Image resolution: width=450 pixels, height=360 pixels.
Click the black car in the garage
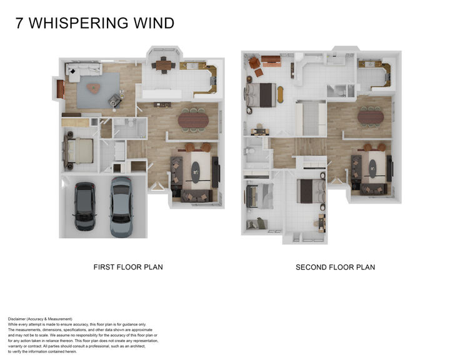click(84, 206)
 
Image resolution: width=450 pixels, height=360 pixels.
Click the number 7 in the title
click(20, 24)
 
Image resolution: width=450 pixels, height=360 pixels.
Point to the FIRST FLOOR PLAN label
click(128, 267)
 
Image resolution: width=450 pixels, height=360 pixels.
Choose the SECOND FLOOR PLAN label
click(335, 267)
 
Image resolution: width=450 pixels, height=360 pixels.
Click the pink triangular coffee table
click(94, 88)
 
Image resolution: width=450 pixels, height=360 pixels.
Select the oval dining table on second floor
click(371, 117)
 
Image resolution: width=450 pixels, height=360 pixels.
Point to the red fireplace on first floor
click(60, 89)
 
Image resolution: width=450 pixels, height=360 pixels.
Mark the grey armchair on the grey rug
click(116, 99)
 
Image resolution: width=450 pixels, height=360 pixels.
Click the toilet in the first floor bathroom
click(118, 124)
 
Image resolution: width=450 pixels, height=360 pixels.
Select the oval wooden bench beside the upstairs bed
click(279, 94)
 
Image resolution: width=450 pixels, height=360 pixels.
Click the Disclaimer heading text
click(40, 319)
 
